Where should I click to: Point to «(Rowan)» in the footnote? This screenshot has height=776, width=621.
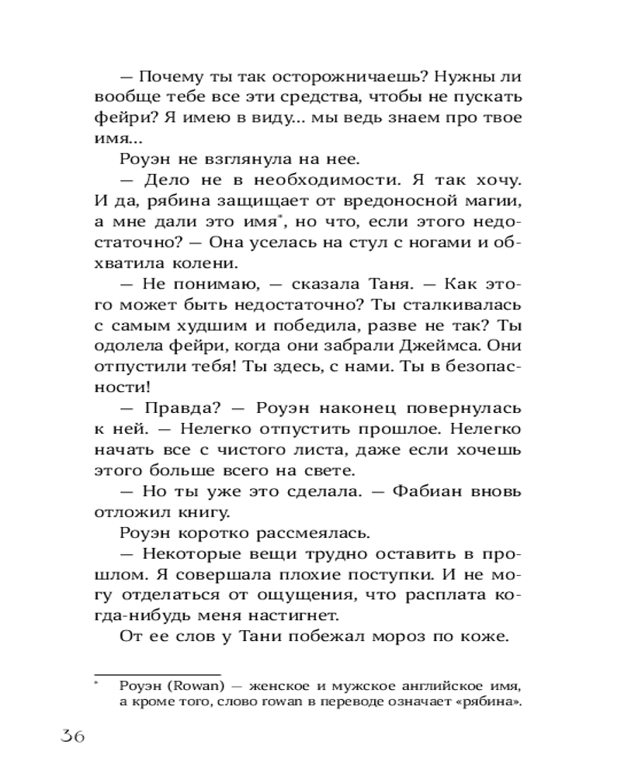(x=190, y=686)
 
